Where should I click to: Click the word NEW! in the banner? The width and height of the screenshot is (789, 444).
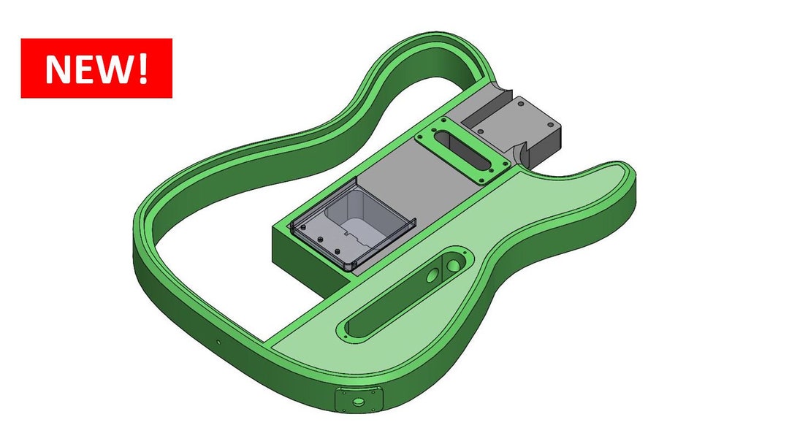pyautogui.click(x=96, y=68)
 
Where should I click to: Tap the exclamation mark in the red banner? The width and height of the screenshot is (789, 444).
pyautogui.click(x=142, y=68)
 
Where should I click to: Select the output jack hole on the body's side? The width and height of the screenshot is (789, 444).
pyautogui.click(x=358, y=402)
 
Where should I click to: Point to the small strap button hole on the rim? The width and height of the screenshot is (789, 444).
pyautogui.click(x=218, y=341)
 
